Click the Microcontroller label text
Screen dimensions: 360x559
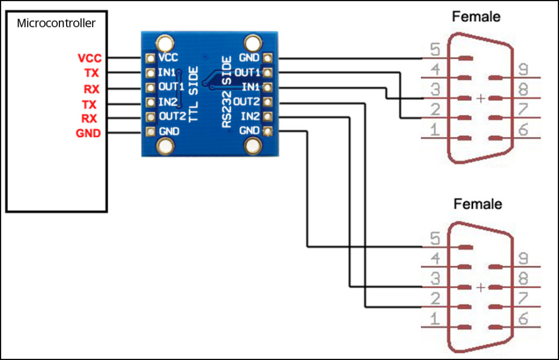click(56, 23)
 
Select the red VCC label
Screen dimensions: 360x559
click(90, 58)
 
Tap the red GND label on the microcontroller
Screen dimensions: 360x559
click(88, 133)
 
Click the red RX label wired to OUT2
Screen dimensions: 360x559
click(90, 118)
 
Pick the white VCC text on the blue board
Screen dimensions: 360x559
click(168, 58)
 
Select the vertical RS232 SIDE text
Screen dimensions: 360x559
click(227, 93)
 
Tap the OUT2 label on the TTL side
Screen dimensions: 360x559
click(172, 116)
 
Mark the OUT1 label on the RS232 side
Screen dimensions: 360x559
click(246, 73)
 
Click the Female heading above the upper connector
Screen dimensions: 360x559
click(476, 17)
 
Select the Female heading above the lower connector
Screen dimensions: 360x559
click(477, 204)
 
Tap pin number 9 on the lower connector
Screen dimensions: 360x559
click(523, 259)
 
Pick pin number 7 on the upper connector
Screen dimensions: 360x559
click(523, 109)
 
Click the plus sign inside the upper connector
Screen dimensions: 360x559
click(480, 98)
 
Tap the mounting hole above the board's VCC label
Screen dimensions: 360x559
click(164, 42)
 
